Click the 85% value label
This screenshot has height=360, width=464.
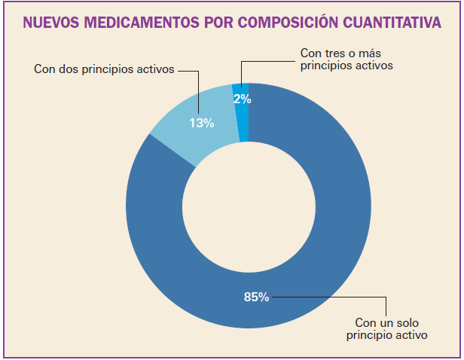click(x=256, y=297)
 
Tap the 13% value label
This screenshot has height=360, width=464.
click(x=202, y=123)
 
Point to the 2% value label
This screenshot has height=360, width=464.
click(x=243, y=98)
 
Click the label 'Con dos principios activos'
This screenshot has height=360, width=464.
click(x=105, y=69)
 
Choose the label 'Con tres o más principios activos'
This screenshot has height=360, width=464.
click(x=346, y=59)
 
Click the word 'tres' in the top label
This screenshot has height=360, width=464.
click(x=335, y=53)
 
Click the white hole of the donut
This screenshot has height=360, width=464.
click(x=249, y=206)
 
